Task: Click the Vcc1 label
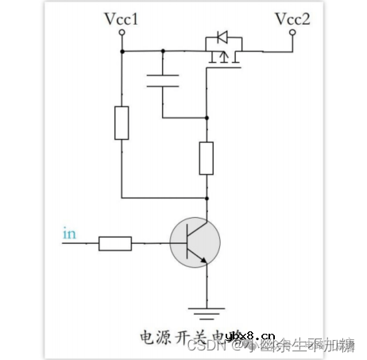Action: point(122,17)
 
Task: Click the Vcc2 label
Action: point(292,17)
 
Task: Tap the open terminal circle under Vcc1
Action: point(122,33)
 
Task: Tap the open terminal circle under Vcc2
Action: point(292,33)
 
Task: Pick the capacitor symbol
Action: point(163,81)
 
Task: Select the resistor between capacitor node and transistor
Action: point(207,157)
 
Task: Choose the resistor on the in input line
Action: point(115,242)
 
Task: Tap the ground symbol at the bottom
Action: point(207,306)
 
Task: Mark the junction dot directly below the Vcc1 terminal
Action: point(122,51)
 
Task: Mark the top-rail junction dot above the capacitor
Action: point(163,51)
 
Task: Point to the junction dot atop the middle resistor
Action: point(207,118)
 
